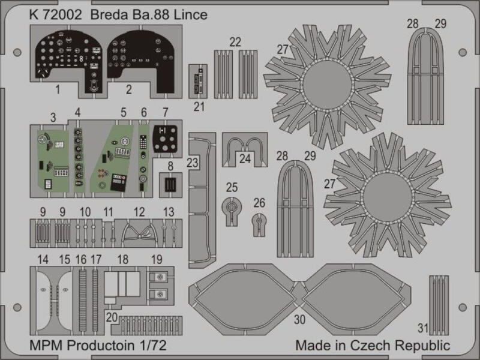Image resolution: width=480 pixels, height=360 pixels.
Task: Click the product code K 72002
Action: click(x=56, y=14)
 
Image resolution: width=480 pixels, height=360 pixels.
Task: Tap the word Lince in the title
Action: click(x=191, y=14)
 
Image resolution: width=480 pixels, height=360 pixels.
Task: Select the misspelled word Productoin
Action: click(x=101, y=346)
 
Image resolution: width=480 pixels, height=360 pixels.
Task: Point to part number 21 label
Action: click(x=199, y=107)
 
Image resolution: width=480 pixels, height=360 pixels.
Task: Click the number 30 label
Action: click(x=299, y=320)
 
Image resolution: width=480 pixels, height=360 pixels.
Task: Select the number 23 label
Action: click(x=193, y=163)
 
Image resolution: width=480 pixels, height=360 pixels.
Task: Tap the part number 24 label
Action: click(x=245, y=158)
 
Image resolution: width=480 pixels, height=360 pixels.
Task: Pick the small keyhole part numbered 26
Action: click(x=259, y=225)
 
